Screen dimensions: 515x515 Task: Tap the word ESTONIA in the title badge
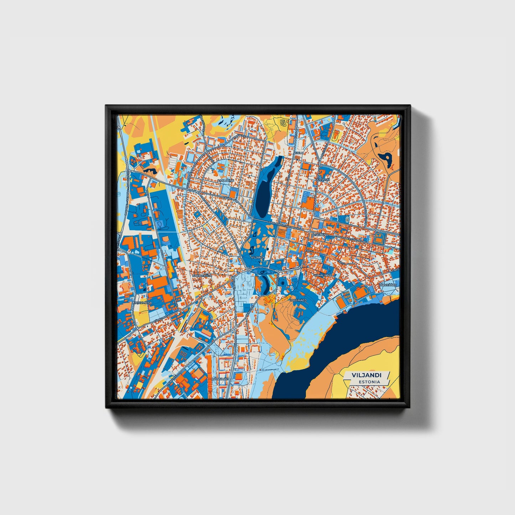click(x=369, y=382)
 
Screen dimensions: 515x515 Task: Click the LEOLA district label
click(x=298, y=153)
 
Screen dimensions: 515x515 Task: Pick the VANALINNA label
click(x=323, y=275)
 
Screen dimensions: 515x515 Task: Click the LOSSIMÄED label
click(x=298, y=300)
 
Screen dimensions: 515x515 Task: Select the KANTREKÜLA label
click(x=202, y=275)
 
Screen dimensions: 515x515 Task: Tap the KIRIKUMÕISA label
click(x=142, y=303)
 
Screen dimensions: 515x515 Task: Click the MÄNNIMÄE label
click(x=220, y=379)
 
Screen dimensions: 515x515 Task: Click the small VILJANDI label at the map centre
click(x=257, y=257)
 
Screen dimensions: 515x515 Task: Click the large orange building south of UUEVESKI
click(x=309, y=204)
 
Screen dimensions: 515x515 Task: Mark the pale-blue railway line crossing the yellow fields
click(x=157, y=143)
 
